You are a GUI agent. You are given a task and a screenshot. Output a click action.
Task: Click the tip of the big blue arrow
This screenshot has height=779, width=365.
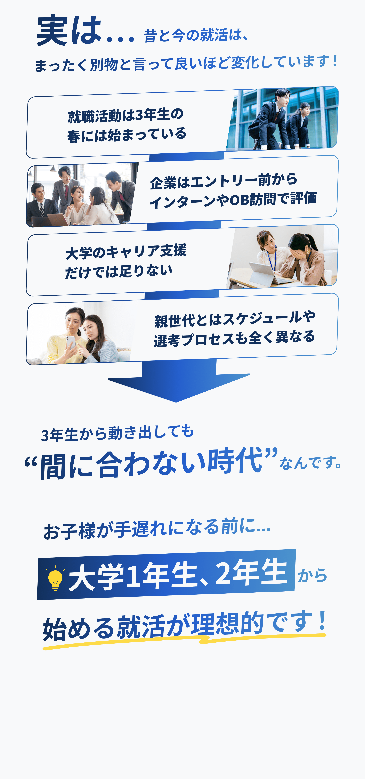176,402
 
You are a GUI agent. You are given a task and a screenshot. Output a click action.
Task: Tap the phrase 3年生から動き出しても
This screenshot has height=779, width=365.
117,433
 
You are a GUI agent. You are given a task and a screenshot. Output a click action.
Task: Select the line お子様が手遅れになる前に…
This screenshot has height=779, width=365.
157,529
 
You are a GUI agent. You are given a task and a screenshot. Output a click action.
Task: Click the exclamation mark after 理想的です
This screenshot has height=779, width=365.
323,620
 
